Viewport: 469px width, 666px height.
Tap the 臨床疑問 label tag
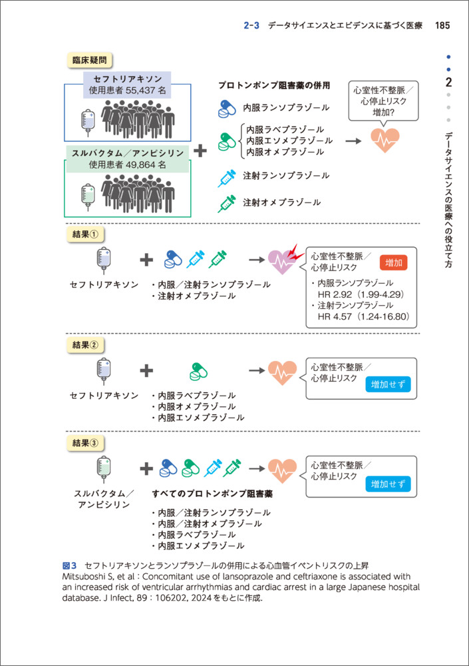[89, 60]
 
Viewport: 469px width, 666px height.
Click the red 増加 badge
[393, 262]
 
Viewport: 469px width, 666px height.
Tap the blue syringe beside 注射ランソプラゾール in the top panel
[228, 176]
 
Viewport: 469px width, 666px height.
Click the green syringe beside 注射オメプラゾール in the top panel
[228, 202]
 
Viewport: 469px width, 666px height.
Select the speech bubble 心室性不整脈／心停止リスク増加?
[384, 101]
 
